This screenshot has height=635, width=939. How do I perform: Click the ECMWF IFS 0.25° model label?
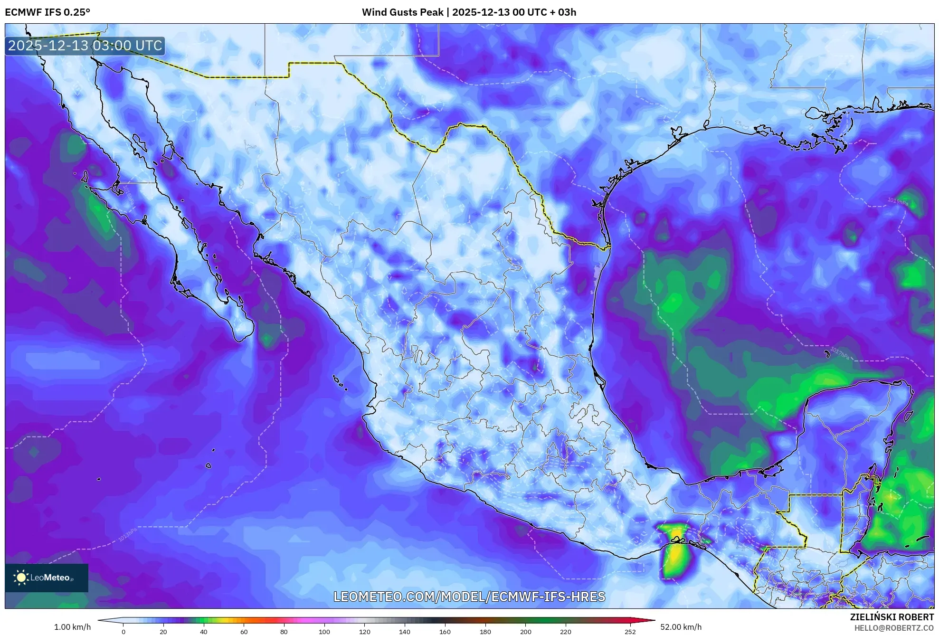click(47, 12)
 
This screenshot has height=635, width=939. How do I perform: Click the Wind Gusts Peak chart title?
click(469, 12)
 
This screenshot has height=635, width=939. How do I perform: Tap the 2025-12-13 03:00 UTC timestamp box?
click(85, 46)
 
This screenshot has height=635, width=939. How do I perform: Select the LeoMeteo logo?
click(47, 578)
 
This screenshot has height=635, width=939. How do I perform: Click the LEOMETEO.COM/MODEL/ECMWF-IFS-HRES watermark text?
click(469, 597)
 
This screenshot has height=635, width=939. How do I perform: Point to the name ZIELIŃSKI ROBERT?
click(892, 617)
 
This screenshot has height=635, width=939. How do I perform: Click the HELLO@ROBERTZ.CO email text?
click(894, 628)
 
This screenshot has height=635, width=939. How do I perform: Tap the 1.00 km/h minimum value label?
click(72, 627)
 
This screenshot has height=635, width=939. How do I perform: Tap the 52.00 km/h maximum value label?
click(681, 627)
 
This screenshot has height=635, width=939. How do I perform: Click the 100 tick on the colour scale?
click(324, 631)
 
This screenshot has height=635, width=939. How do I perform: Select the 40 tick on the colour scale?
click(204, 631)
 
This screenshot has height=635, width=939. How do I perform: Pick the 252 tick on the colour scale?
click(630, 631)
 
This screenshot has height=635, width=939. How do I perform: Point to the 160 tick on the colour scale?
click(445, 631)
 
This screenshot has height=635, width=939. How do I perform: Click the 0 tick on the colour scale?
click(123, 631)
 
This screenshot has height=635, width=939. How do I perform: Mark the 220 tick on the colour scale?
click(566, 631)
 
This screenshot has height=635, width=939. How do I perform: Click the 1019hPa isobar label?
click(898, 201)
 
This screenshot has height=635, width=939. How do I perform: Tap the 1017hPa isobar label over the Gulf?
click(839, 354)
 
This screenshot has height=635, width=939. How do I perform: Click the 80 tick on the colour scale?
click(284, 631)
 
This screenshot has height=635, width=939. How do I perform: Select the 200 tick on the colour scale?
click(525, 631)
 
